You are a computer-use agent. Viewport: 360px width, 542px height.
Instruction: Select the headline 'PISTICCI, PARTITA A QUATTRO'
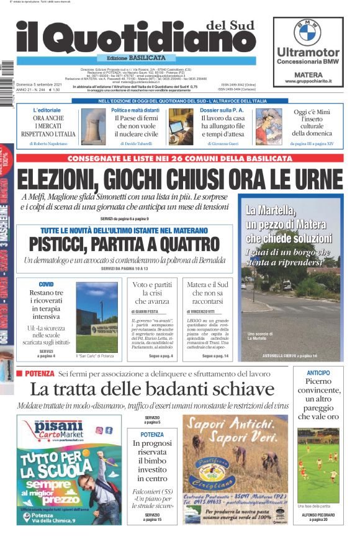124,243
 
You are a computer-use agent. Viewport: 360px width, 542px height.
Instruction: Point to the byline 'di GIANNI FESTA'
147,311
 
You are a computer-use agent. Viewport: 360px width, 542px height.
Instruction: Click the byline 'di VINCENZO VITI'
202,311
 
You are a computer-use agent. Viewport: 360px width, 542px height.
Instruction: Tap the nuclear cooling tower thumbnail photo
94,125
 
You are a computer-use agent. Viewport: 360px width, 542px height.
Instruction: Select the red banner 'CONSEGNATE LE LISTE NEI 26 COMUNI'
179,158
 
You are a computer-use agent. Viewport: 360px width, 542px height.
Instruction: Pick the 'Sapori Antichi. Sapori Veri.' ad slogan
235,431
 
